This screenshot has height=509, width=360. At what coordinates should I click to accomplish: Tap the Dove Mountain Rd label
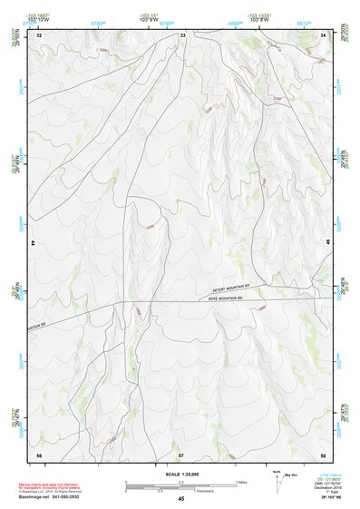[x=227, y=298]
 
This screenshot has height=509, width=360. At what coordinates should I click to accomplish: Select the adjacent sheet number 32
[x=38, y=35]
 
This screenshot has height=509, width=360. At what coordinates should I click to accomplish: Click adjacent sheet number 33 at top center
[x=182, y=35]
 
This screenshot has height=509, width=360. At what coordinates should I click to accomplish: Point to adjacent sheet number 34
[x=323, y=35]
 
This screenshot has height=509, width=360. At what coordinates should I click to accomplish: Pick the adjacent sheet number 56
[x=38, y=453]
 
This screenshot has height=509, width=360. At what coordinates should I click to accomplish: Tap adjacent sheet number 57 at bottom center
[x=181, y=453]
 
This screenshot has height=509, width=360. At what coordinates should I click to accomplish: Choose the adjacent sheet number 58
[x=323, y=453]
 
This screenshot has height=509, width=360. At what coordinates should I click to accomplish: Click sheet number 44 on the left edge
[x=34, y=244]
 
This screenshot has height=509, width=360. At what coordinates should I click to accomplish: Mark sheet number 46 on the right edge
[x=327, y=244]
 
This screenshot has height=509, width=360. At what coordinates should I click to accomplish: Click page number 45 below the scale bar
[x=180, y=498]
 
